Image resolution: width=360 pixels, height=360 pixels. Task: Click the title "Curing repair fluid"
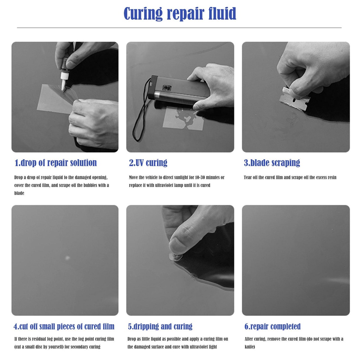180,14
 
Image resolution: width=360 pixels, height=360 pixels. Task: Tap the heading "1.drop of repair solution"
56,163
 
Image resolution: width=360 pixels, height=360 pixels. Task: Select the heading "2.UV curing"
148,163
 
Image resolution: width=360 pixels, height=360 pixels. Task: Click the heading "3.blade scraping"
272,163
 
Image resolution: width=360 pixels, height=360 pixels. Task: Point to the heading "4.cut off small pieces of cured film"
64,326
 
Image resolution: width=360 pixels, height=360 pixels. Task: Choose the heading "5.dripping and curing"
160,326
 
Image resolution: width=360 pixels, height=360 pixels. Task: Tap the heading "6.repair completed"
272,326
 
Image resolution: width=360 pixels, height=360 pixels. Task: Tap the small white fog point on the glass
67,258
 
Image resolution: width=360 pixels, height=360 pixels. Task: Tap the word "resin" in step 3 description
331,178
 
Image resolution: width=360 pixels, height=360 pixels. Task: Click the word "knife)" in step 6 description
250,347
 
